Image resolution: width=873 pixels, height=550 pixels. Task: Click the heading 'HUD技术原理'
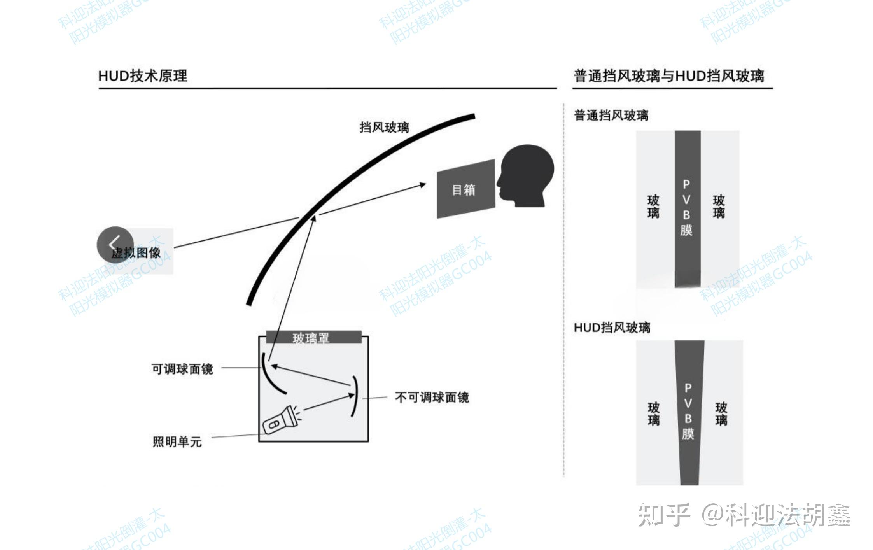143,76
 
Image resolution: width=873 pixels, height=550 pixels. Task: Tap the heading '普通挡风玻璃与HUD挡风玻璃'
669,76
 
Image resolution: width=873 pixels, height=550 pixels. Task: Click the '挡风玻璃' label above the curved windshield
384,127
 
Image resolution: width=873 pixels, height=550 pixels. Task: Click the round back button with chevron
115,245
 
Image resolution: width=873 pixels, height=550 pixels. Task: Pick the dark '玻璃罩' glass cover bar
313,337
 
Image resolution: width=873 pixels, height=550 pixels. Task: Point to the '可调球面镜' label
182,369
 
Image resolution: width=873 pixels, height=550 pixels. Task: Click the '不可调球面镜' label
432,398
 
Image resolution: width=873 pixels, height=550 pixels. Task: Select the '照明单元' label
177,442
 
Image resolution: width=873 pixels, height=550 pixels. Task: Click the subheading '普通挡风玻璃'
611,116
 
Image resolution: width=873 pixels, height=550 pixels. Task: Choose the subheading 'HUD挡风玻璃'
612,328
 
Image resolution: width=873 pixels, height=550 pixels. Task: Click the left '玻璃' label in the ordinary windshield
653,207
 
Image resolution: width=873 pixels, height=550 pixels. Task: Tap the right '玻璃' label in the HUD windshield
721,414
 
